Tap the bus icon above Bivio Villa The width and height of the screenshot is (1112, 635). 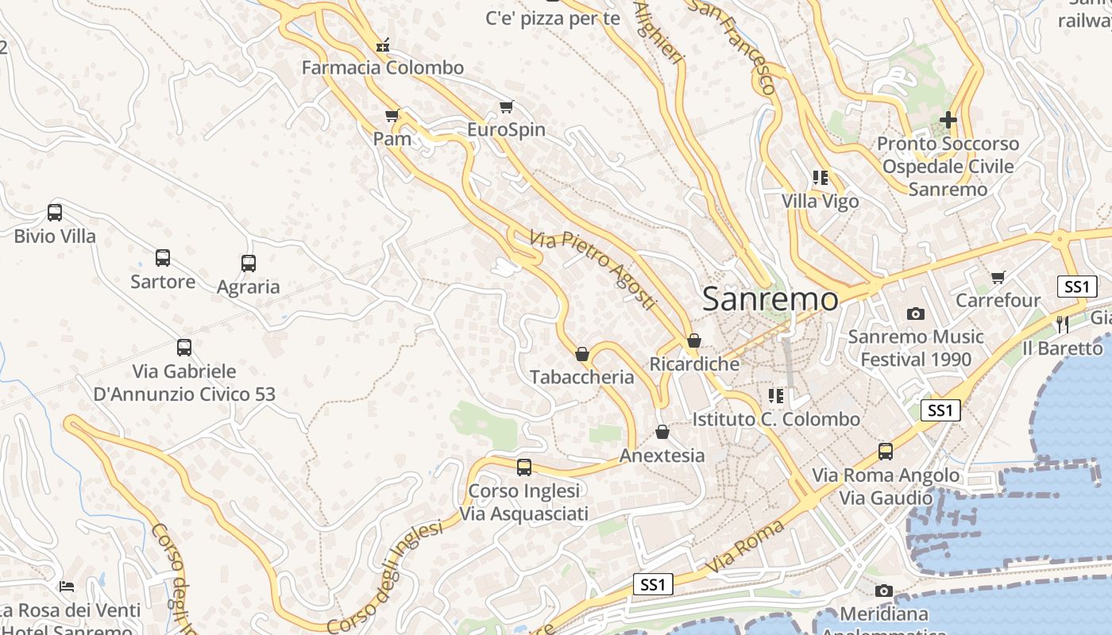click(55, 213)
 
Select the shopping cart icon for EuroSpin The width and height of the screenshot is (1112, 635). click(506, 106)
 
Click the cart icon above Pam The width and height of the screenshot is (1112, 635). click(392, 116)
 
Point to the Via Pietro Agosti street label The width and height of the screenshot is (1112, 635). click(593, 270)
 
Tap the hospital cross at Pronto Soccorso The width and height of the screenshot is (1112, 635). click(948, 121)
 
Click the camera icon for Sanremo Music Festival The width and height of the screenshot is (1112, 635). click(916, 314)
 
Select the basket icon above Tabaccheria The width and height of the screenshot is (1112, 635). click(582, 354)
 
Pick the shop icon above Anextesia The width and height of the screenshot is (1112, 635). click(662, 433)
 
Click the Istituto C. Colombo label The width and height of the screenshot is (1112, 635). click(776, 419)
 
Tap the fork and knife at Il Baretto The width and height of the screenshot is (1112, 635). click(1063, 324)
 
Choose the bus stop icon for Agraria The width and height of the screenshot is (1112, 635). click(249, 264)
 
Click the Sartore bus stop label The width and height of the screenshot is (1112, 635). click(163, 282)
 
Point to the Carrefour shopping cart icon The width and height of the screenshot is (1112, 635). click(998, 277)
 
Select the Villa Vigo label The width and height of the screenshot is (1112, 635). click(820, 202)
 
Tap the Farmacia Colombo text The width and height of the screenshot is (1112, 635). click(382, 67)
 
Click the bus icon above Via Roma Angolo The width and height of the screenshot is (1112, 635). click(886, 452)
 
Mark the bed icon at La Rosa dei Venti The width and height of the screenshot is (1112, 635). click(67, 587)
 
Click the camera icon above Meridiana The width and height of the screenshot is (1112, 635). click(883, 591)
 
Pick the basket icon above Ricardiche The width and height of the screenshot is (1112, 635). click(694, 341)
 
